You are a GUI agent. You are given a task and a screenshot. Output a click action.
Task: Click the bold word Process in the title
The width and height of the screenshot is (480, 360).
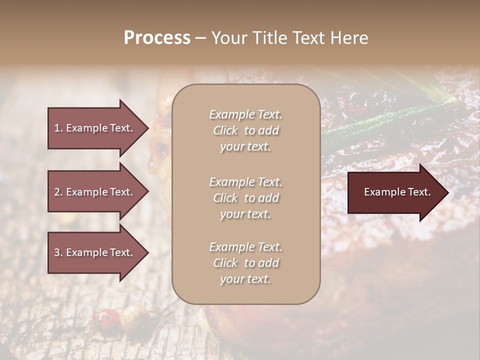[157, 38]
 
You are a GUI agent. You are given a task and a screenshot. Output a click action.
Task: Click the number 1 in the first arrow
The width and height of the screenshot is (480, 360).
[57, 128]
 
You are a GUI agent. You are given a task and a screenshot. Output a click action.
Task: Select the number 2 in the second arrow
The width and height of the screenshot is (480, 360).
[57, 192]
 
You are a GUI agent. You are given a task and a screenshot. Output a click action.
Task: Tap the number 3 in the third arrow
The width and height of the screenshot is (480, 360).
[57, 252]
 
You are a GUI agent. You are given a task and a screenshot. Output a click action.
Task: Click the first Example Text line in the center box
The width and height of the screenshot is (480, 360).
[245, 114]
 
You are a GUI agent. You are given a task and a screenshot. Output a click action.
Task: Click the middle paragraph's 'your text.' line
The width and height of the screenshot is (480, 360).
[245, 214]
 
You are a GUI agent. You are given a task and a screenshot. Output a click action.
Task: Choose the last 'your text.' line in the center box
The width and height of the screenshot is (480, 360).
[245, 279]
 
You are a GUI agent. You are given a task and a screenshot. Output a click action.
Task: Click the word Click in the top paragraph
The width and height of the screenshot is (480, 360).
[225, 130]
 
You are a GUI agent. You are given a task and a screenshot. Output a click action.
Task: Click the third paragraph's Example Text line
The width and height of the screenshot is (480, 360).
[245, 247]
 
